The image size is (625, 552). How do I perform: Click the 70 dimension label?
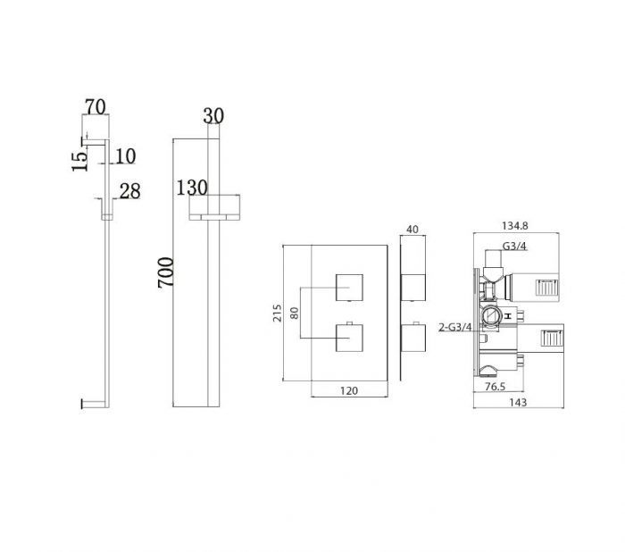click(x=96, y=106)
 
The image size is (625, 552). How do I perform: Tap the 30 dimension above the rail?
click(x=213, y=115)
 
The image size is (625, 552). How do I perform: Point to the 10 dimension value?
click(x=126, y=156)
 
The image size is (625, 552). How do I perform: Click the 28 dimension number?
click(x=130, y=191)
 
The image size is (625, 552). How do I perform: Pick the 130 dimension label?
click(x=192, y=188)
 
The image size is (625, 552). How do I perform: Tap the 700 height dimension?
click(x=166, y=272)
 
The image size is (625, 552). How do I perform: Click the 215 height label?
click(x=277, y=314)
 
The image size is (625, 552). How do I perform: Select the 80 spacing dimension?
click(x=295, y=313)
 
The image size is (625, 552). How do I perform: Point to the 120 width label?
click(x=349, y=391)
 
